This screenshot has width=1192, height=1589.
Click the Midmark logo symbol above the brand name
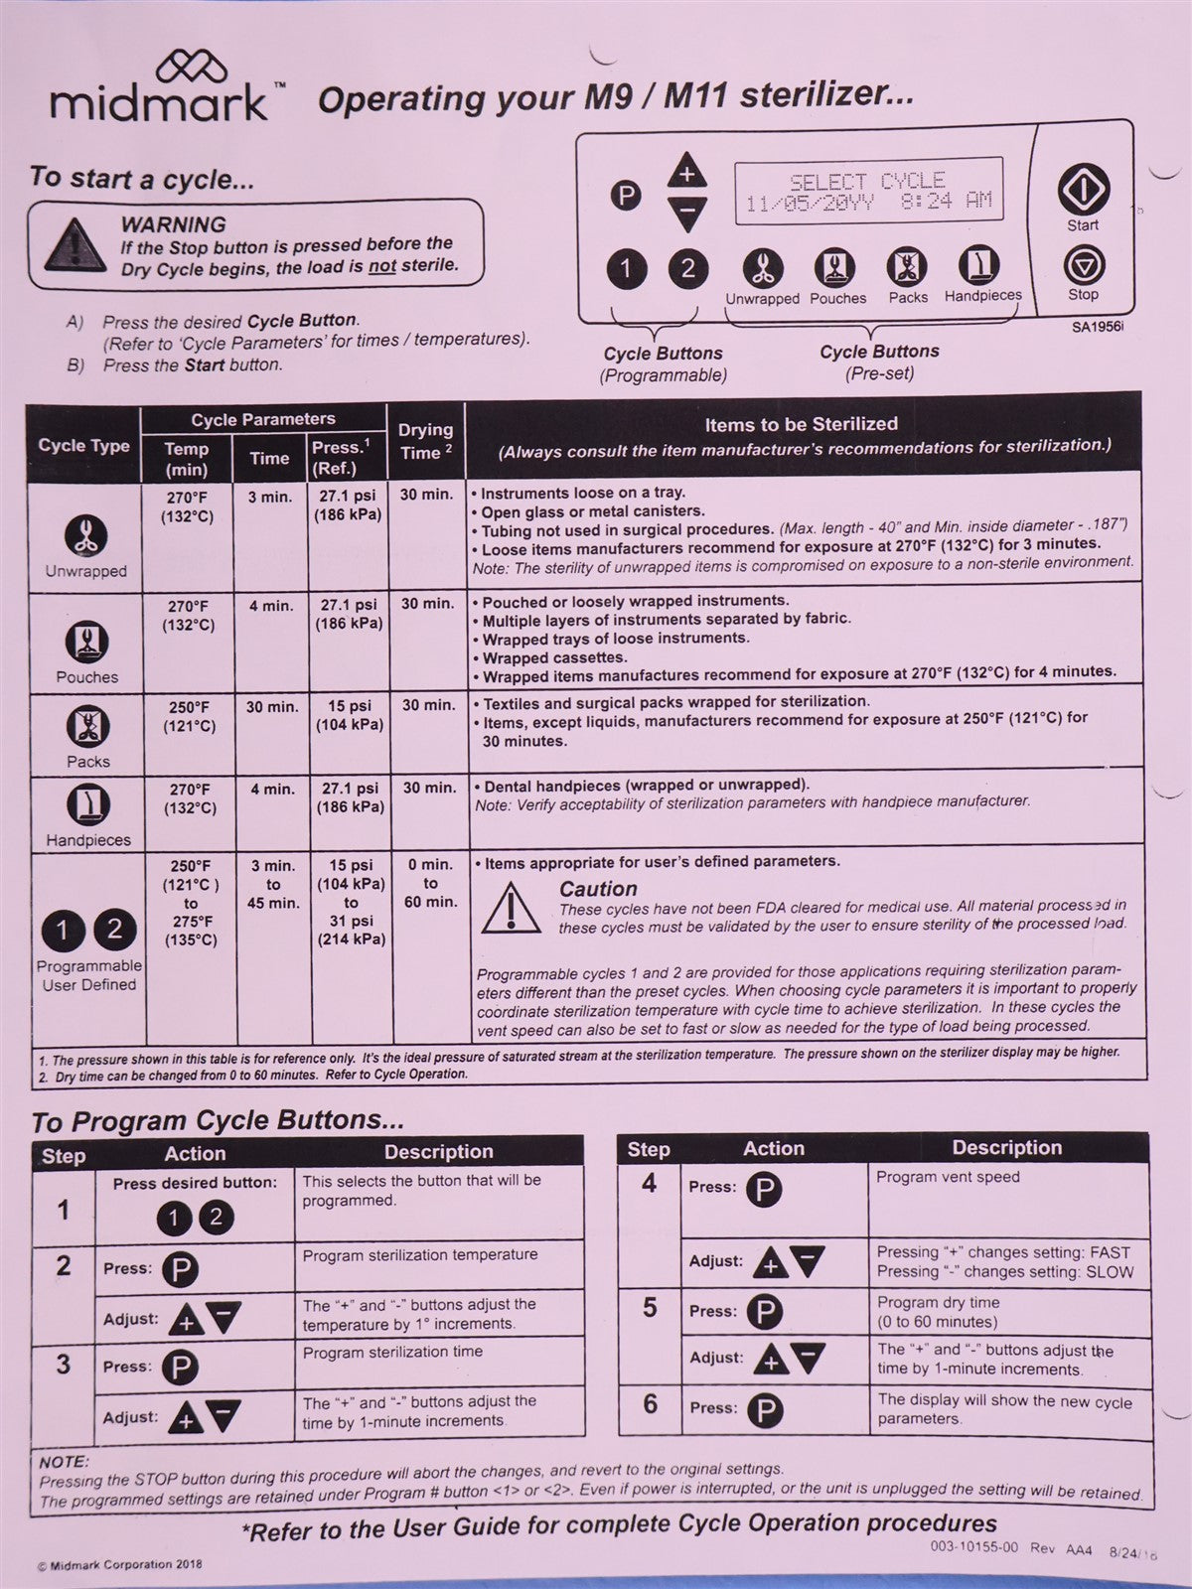[192, 68]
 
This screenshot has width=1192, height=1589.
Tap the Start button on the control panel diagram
[1083, 189]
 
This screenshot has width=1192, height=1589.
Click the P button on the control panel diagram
[625, 195]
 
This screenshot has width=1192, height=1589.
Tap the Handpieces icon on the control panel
[979, 266]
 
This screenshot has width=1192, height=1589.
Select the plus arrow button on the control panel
[686, 172]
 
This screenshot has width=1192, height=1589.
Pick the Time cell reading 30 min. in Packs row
[271, 707]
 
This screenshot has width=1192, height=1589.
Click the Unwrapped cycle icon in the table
[85, 536]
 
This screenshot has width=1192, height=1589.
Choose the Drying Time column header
[425, 441]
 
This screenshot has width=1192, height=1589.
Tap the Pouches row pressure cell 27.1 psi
[349, 614]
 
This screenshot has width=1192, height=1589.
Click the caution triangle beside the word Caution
[511, 908]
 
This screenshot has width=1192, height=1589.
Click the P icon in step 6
[764, 1409]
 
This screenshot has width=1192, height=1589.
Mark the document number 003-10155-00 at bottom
[973, 1546]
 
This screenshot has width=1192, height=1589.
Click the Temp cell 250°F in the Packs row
[189, 716]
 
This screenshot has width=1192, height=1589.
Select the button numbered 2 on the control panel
[687, 268]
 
